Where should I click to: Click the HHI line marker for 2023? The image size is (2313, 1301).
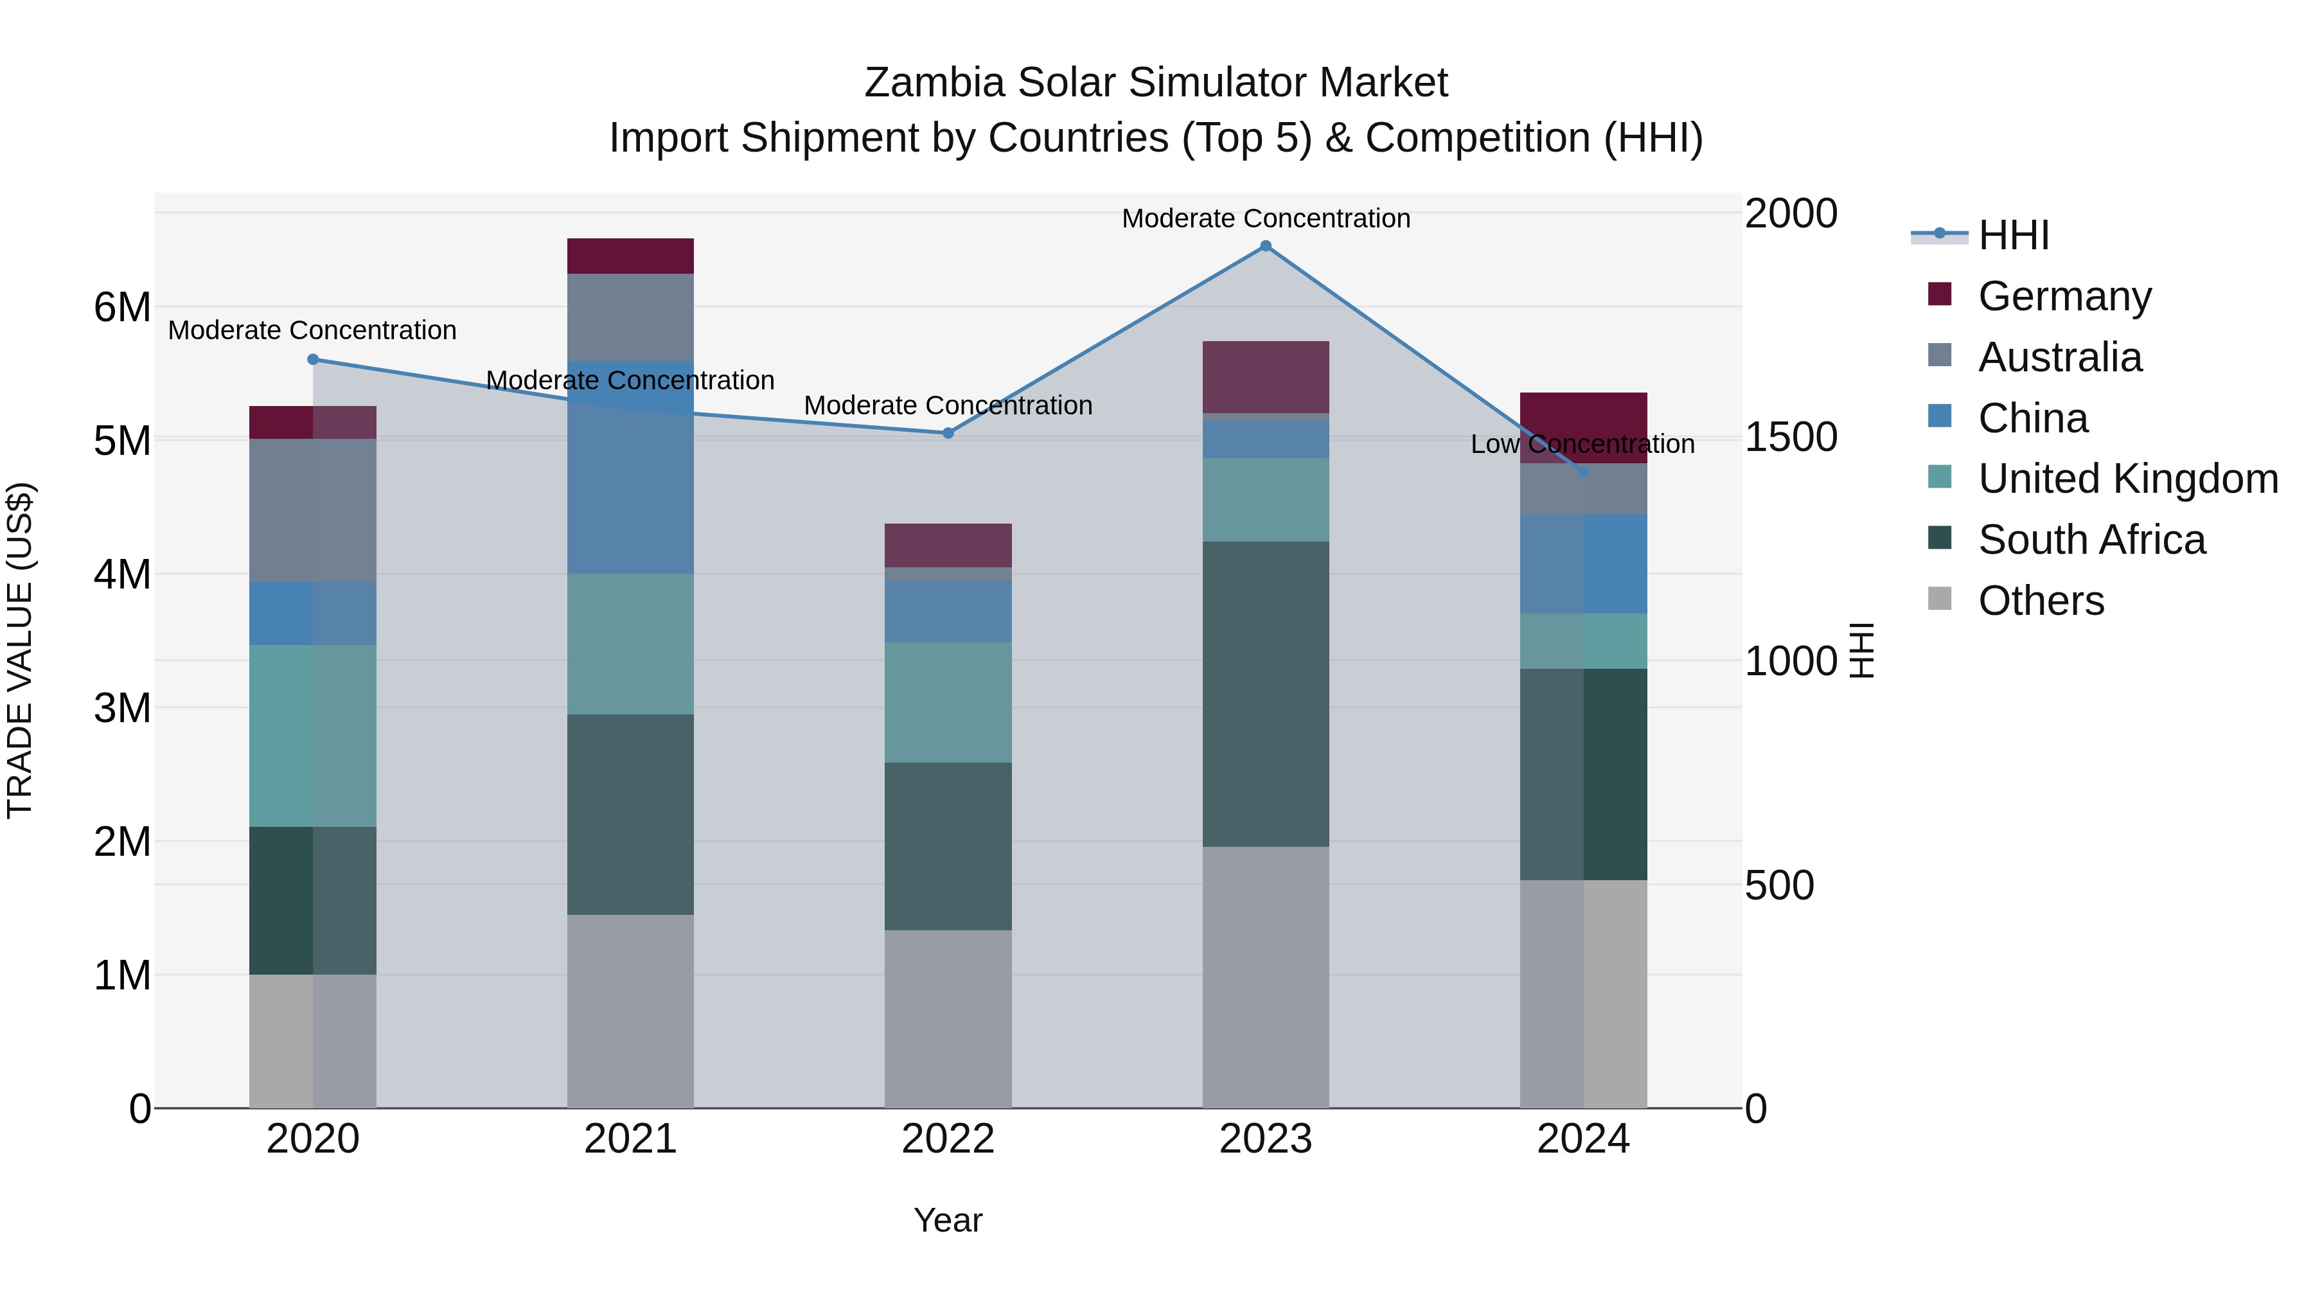tap(1265, 246)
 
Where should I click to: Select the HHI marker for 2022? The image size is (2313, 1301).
tap(948, 433)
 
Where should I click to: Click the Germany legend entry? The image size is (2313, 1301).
tap(2063, 296)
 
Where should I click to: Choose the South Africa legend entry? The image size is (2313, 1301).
tap(2090, 540)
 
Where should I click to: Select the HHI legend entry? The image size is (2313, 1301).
tap(2013, 235)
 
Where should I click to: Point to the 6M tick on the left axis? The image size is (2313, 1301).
tap(122, 307)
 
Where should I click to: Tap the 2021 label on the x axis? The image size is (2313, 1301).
tap(630, 1139)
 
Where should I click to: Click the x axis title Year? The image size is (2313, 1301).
tap(948, 1220)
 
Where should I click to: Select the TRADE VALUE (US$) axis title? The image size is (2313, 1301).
tap(20, 650)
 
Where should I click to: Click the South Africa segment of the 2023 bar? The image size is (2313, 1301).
tap(1265, 693)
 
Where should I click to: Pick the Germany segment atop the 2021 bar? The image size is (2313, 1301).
tap(630, 256)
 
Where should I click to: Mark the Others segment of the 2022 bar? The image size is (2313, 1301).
tap(948, 1018)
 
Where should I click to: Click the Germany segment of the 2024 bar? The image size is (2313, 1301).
tap(1583, 427)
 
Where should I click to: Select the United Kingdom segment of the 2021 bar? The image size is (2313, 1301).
tap(630, 644)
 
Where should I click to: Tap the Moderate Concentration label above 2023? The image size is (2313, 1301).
tap(1265, 218)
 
